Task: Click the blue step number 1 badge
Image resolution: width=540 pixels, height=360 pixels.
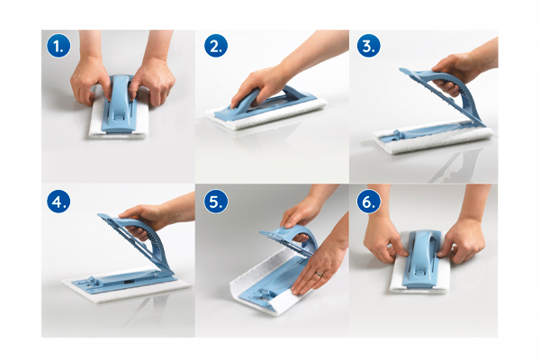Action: [58, 46]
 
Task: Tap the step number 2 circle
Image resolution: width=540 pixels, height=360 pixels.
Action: [216, 46]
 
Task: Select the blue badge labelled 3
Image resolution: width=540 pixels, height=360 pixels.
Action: [368, 46]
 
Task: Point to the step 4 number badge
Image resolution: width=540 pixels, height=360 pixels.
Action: [58, 202]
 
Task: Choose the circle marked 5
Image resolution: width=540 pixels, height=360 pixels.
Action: [216, 202]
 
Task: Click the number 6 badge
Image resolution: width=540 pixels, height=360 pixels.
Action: [368, 202]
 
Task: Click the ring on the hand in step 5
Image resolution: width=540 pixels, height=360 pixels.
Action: [319, 274]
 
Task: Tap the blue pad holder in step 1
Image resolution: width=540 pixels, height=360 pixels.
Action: [119, 103]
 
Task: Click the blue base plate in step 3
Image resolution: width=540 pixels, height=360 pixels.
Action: [430, 131]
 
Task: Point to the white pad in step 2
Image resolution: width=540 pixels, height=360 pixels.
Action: [268, 114]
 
